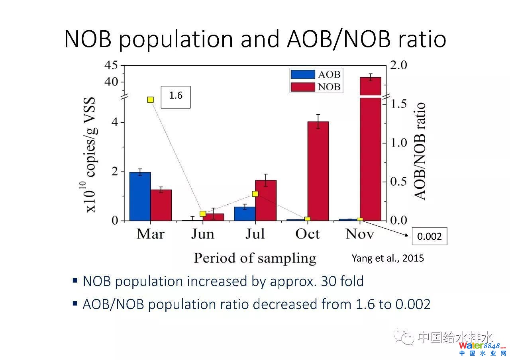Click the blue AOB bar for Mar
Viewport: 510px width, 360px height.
(x=140, y=196)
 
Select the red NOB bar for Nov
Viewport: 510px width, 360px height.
(x=371, y=159)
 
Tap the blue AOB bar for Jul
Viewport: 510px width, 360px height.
(x=245, y=213)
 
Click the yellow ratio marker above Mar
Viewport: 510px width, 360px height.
(x=151, y=100)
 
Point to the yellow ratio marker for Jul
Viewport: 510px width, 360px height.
(x=255, y=194)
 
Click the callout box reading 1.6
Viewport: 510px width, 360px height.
(x=176, y=97)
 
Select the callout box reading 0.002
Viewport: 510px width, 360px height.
(x=429, y=237)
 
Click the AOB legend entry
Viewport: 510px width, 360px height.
(x=316, y=74)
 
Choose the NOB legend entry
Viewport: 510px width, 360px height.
(x=316, y=86)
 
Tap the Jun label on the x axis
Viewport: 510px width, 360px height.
(x=202, y=234)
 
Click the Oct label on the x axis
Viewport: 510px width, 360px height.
(x=307, y=234)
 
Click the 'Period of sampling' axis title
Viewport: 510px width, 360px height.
(x=255, y=258)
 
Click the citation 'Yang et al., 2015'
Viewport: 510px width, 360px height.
(x=388, y=258)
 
